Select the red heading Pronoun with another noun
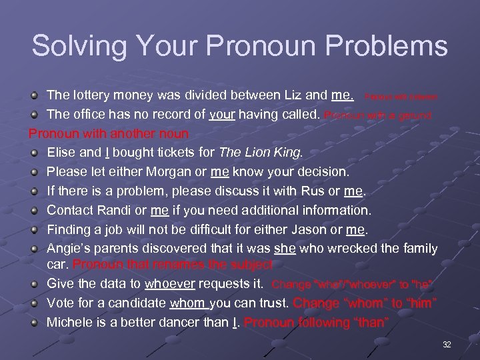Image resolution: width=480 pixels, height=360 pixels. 109,133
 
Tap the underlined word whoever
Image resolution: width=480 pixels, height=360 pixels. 167,283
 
